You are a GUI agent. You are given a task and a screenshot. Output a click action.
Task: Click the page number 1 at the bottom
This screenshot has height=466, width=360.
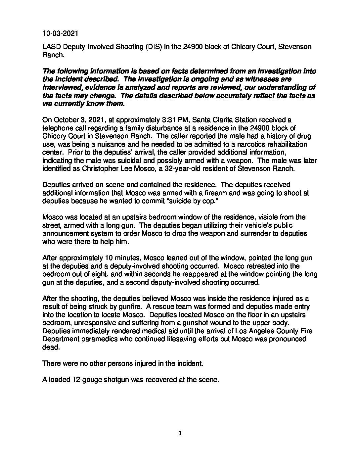point(180,434)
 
